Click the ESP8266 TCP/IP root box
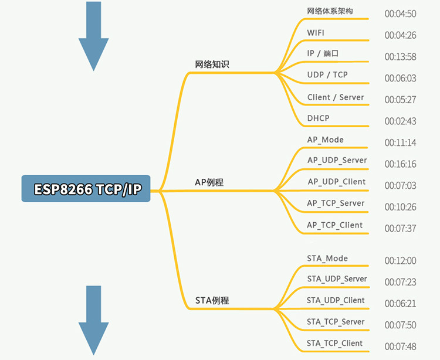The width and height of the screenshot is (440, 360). point(86,188)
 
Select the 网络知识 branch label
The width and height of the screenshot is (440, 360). point(212,64)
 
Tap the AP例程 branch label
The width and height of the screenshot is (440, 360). point(209,182)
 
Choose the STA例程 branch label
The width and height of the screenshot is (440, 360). point(212,301)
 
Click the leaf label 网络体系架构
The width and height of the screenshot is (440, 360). point(330,11)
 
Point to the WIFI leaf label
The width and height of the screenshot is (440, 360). point(316,33)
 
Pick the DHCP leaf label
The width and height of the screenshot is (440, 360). point(318,118)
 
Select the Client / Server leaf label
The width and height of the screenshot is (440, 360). point(336,97)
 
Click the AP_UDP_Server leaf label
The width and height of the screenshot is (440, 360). point(337,160)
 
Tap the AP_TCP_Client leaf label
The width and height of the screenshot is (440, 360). point(335,225)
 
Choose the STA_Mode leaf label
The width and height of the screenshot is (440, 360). point(327,258)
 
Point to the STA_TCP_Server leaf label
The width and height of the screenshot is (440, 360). point(336,321)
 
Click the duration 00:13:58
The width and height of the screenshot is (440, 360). point(401,57)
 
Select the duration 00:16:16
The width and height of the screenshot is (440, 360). point(401,164)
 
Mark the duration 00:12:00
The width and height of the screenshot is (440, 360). point(401,261)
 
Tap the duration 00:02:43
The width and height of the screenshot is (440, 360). point(401,121)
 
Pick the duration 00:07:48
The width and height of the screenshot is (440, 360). point(401,347)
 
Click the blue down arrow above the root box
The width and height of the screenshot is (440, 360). point(93,36)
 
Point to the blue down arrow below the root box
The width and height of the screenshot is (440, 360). point(93,321)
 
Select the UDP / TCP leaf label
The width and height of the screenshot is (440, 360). point(327,75)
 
